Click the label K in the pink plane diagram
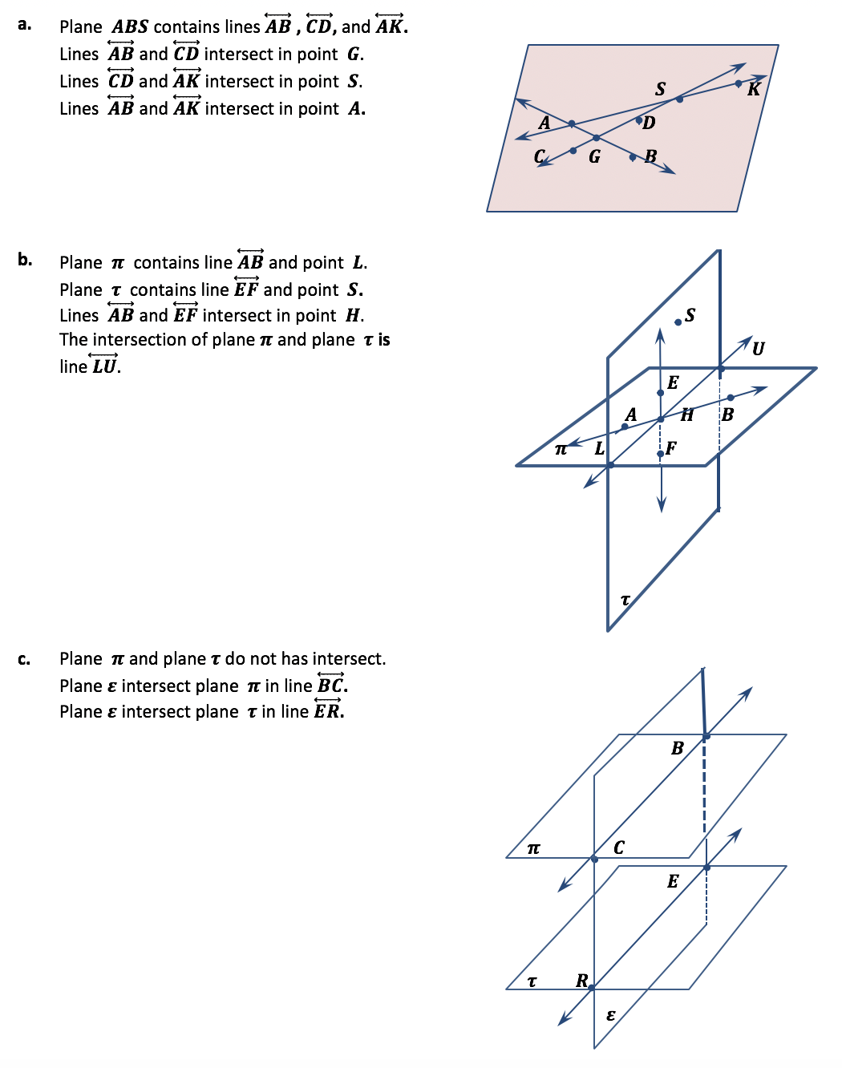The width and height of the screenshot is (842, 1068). coord(753,89)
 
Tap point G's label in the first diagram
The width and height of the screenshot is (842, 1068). coord(594,156)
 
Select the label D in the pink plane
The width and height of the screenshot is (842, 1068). coord(649,123)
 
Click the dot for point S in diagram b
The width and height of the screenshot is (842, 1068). coord(678,322)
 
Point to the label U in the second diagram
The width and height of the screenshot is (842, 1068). coord(758,348)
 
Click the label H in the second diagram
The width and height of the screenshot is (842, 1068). coord(687,415)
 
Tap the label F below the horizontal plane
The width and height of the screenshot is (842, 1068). coord(671,448)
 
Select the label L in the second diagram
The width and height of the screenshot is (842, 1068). coord(599,449)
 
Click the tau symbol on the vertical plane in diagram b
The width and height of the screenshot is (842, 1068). coord(625,599)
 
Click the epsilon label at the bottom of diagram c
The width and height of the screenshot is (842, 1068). coord(610,1015)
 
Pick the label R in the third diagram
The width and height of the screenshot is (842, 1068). coord(582,980)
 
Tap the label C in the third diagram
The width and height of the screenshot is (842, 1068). coord(619,848)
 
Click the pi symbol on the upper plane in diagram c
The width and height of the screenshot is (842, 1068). coord(534,848)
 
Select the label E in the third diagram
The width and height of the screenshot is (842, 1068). coord(673,881)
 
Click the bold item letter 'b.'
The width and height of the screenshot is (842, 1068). coord(25,259)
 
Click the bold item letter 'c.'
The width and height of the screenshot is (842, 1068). coord(24,659)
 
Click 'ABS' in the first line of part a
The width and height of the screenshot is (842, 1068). coord(130,26)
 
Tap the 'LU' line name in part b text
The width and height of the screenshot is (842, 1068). coord(104,366)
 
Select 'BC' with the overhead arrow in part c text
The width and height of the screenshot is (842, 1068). coord(330,686)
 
